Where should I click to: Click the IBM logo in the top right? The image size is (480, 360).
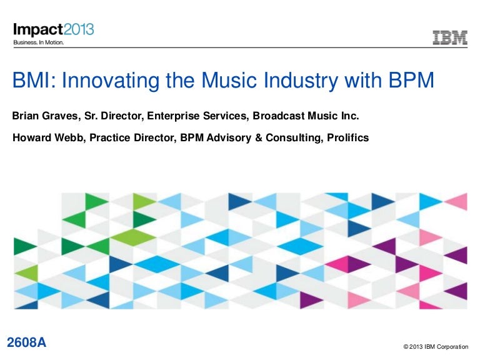click(450, 38)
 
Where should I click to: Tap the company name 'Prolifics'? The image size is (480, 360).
click(347, 137)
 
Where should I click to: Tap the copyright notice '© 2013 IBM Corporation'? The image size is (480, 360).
click(435, 346)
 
